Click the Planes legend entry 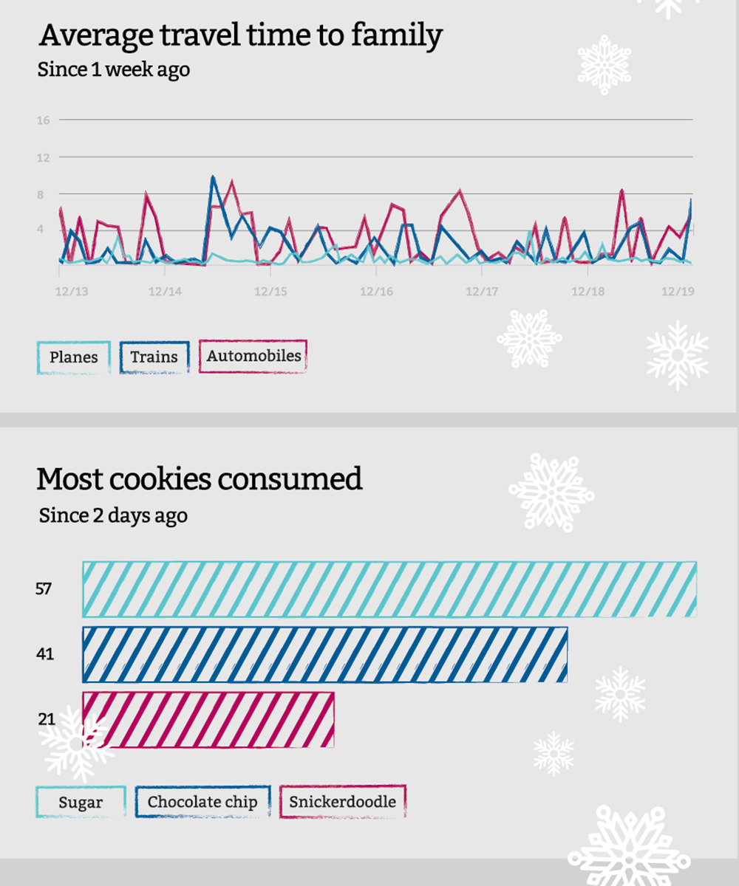point(73,357)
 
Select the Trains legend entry point(154,357)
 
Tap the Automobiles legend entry point(253,356)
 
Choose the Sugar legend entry point(81,803)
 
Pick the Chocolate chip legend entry point(202,803)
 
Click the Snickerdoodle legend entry point(342,802)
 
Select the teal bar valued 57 point(389,589)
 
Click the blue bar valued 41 point(324,654)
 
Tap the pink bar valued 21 point(208,719)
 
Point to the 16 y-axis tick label point(42,120)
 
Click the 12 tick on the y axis point(42,157)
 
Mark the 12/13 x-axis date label point(72,292)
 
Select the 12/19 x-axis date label point(677,292)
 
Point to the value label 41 point(45,654)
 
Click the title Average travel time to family point(240,35)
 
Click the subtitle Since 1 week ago point(113,70)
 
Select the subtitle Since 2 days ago point(113,515)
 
